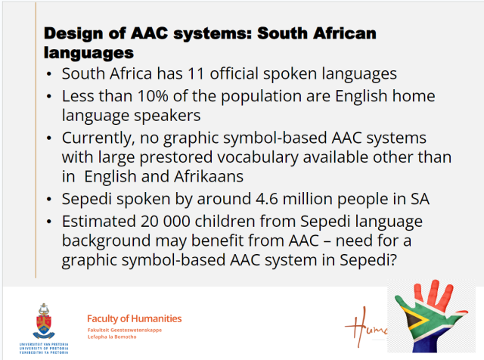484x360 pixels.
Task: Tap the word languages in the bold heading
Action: pos(88,53)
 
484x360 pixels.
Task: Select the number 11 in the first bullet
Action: pos(196,74)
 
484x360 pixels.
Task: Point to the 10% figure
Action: pos(153,96)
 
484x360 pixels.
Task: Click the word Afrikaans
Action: pos(209,177)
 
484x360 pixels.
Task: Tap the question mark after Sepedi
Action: pos(393,259)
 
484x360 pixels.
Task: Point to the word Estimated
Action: pos(99,222)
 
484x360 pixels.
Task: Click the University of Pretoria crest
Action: pos(44,321)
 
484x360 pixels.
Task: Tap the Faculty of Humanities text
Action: pos(135,318)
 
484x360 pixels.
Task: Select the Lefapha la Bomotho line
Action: pos(112,337)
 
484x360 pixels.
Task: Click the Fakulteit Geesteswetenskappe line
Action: pos(124,330)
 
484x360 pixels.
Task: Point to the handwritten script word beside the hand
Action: pos(366,328)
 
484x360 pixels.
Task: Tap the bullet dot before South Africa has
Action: pos(48,74)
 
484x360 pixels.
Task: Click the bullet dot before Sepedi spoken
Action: pos(48,200)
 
